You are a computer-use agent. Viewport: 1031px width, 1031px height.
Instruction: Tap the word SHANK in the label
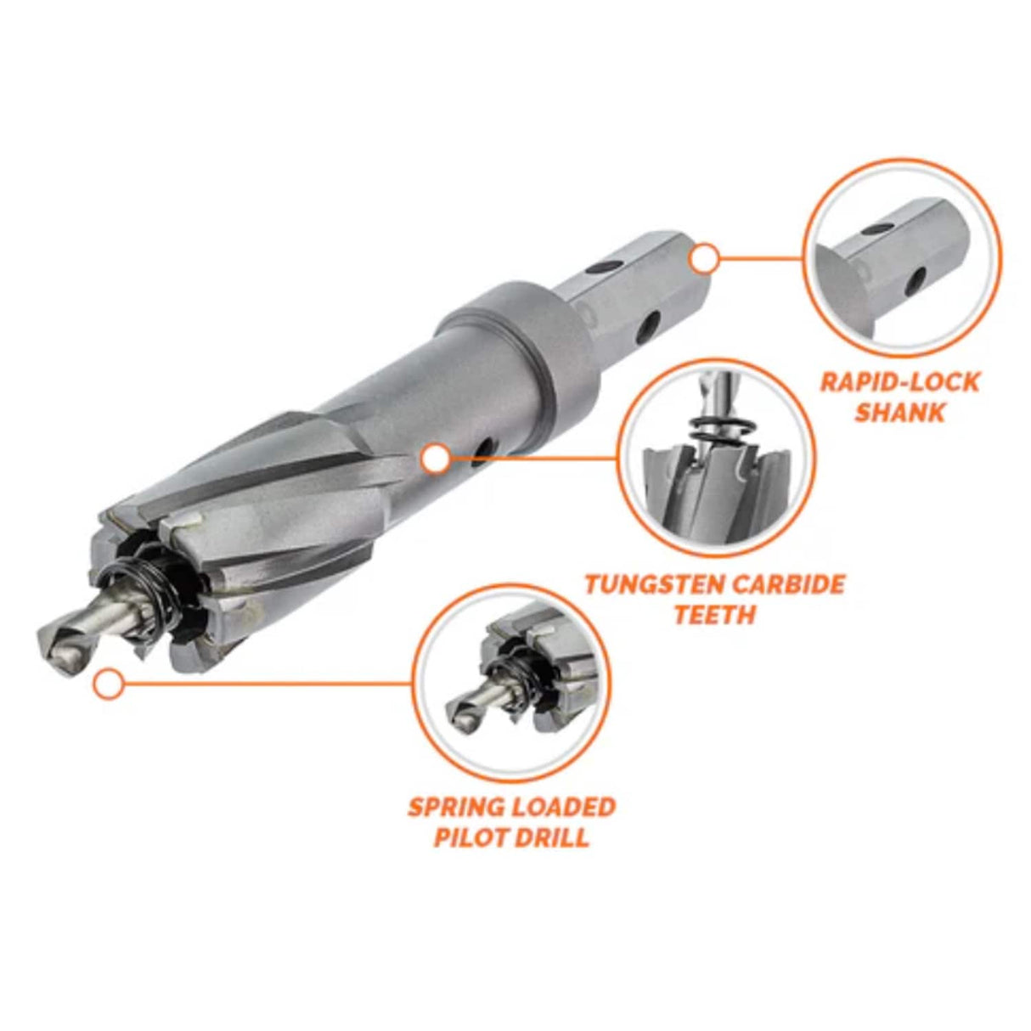899,413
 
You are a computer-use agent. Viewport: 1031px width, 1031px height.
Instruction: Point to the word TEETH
714,614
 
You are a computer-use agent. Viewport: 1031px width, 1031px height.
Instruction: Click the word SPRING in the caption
458,806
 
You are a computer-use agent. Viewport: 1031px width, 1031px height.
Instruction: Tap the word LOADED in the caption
565,806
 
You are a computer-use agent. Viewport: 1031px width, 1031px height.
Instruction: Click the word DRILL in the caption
555,837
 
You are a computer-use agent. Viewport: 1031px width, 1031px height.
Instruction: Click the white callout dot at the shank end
704,258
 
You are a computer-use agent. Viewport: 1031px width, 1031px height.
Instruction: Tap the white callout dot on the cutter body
436,459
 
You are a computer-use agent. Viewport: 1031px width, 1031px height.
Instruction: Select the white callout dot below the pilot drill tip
108,684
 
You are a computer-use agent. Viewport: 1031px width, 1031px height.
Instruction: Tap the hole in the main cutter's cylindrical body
484,448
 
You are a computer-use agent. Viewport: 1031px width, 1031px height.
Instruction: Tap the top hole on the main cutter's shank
600,268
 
